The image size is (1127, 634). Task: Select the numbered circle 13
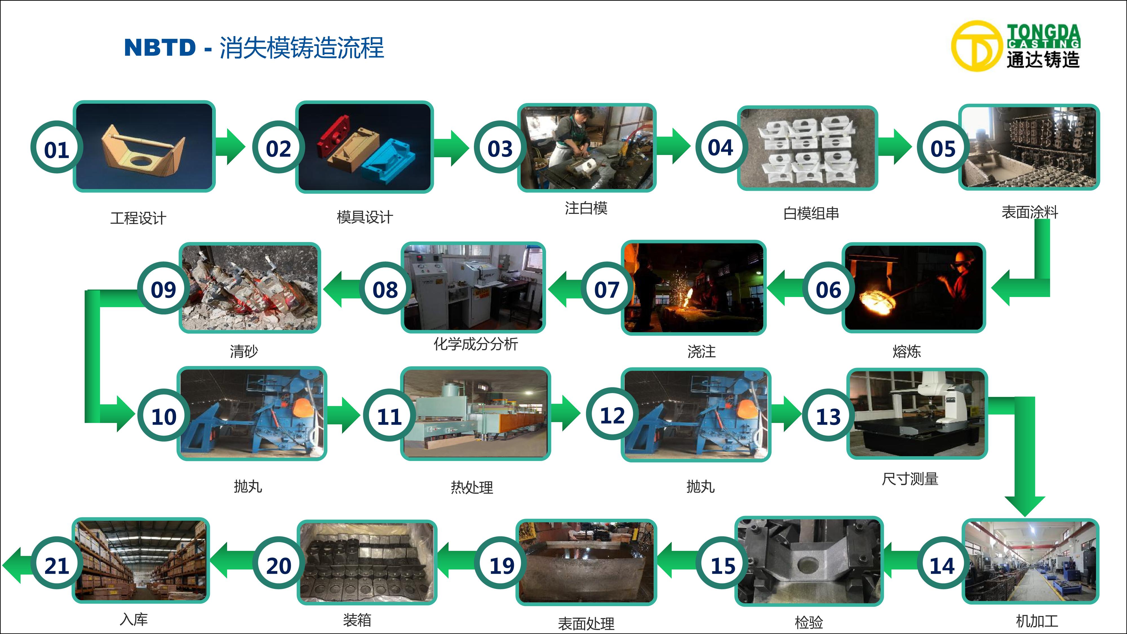828,415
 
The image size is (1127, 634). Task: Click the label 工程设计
138,218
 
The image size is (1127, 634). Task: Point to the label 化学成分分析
476,344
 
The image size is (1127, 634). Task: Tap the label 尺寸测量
910,479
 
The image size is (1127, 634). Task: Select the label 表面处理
586,624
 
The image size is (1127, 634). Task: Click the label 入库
134,619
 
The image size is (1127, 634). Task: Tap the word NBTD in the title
160,47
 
